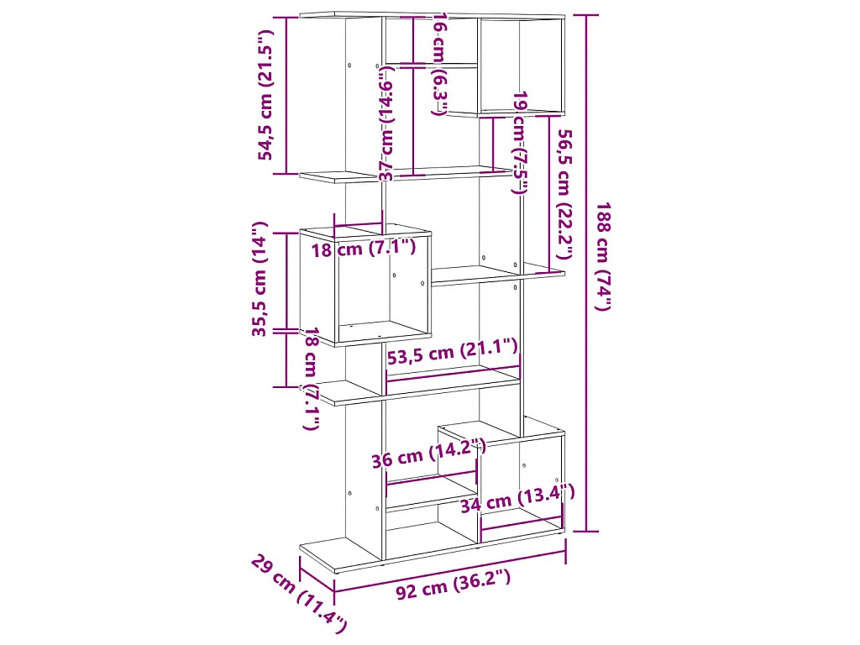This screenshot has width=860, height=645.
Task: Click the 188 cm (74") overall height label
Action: (603, 256)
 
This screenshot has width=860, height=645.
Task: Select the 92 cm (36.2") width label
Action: (453, 583)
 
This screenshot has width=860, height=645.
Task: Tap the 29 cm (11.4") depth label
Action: (299, 594)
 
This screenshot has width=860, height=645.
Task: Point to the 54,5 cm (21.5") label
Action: (265, 94)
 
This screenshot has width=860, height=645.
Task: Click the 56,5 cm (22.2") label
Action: (564, 194)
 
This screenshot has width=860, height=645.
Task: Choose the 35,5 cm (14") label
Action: (259, 279)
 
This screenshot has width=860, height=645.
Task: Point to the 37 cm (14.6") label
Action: (387, 123)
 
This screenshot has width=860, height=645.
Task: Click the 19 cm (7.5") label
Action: (520, 143)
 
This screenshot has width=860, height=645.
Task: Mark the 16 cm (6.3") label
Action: (441, 64)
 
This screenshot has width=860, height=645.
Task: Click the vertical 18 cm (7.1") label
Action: (312, 379)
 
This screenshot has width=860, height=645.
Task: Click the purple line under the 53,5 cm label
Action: (453, 373)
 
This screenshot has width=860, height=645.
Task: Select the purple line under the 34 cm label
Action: (522, 522)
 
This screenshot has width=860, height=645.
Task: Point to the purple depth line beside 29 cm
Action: (317, 574)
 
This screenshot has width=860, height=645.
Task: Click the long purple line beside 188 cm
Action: (587, 273)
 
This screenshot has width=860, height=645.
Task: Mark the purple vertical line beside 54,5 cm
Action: (286, 96)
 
